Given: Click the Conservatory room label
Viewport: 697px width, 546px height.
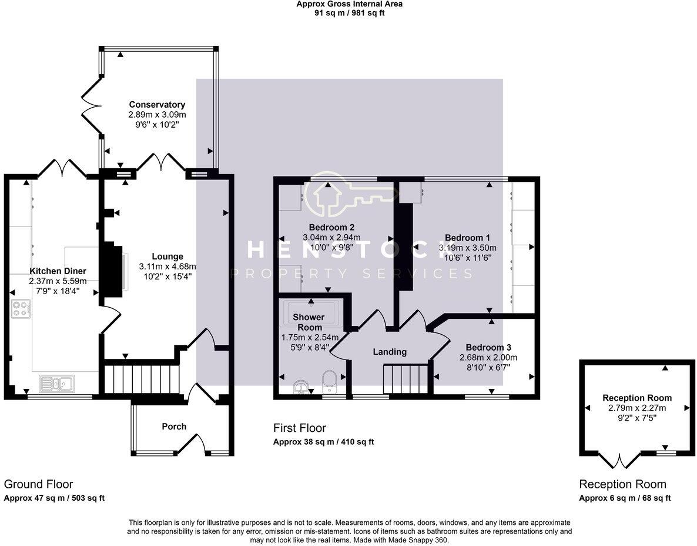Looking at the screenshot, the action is coord(157,105).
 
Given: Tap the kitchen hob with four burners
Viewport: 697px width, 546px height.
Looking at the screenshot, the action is coord(21,309).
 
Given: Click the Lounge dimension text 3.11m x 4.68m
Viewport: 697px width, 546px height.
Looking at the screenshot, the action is coord(167,267).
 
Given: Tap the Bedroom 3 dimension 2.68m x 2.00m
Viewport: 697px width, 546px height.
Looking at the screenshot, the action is coord(488,357).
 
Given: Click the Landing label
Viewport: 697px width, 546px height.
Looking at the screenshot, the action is coord(390,351).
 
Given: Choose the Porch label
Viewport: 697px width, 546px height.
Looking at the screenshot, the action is coord(174,427).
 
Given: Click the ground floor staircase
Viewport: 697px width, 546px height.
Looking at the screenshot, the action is coord(142,379).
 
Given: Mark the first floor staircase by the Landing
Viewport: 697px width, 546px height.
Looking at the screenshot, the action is coord(406,379).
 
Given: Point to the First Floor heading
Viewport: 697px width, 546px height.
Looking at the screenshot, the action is coord(300,428).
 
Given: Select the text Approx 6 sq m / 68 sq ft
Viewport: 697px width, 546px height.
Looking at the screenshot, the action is coord(625,498).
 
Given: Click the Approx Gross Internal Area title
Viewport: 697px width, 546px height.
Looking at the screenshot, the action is coord(350,4).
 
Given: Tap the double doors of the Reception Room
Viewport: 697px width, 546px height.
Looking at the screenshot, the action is coord(620,460).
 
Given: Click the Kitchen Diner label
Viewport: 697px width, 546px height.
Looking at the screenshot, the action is coord(58,271).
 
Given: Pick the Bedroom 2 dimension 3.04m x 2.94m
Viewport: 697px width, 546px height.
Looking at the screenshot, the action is coord(331,237).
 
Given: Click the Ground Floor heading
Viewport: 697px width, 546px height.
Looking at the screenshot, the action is coord(38,484).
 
